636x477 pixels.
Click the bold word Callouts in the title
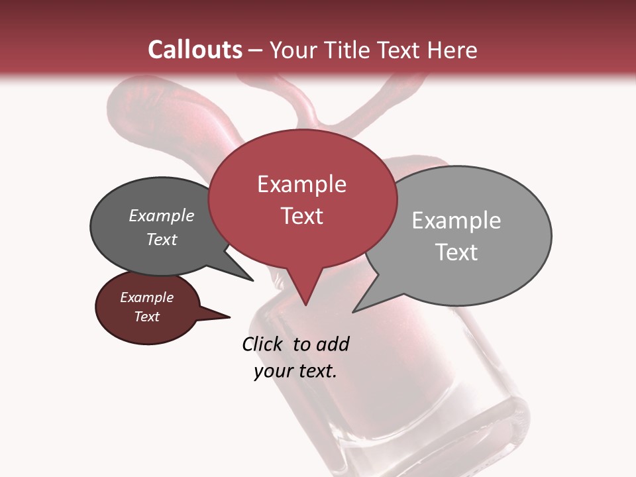(x=195, y=50)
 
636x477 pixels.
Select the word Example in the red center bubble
(x=301, y=184)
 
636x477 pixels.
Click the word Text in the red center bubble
(x=301, y=216)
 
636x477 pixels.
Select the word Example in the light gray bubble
(x=456, y=221)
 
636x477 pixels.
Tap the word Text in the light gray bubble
(x=456, y=252)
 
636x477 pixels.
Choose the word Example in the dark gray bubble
(x=162, y=215)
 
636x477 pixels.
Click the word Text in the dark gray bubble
(x=162, y=239)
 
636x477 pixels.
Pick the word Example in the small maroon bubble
(x=147, y=297)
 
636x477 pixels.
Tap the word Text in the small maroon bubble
(x=147, y=317)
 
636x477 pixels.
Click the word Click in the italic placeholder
(x=264, y=344)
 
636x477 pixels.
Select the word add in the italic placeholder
(x=333, y=344)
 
